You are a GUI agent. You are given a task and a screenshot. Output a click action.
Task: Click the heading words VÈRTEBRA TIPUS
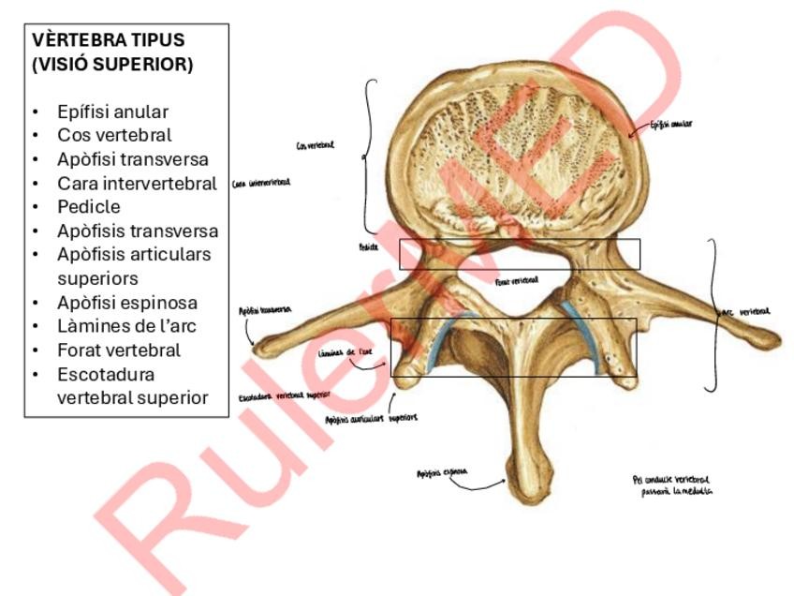click(109, 40)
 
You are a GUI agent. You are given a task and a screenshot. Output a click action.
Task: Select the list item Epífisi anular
click(112, 112)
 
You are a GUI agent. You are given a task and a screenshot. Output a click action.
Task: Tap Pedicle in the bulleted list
click(89, 206)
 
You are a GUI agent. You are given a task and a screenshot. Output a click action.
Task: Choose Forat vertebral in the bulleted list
click(119, 350)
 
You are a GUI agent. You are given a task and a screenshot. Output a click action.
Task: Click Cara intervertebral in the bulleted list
click(137, 184)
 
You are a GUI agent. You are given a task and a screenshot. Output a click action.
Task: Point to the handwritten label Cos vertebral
click(315, 145)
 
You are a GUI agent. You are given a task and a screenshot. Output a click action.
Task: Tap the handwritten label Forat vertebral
click(517, 280)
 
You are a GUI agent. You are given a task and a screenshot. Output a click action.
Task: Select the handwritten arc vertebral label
click(746, 312)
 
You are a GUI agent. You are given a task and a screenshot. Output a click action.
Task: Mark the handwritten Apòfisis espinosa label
click(442, 473)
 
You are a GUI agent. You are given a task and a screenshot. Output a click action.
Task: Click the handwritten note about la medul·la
click(671, 484)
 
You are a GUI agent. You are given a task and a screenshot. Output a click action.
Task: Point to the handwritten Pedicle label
click(368, 247)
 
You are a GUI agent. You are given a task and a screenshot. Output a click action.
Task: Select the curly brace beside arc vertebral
click(716, 314)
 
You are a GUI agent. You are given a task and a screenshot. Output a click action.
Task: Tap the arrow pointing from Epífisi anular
click(638, 130)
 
